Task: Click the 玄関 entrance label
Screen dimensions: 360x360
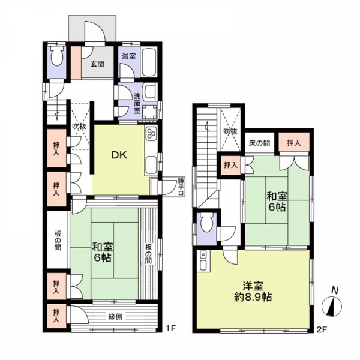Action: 97,63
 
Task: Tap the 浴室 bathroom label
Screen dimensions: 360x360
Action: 128,56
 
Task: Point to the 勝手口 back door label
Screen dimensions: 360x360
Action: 180,185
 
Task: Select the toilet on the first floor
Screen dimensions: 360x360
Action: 56,59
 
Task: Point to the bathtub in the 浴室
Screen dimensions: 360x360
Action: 149,62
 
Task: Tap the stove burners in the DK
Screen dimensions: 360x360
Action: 150,135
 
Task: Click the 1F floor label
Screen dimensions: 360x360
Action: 170,328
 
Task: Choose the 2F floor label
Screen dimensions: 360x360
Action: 322,328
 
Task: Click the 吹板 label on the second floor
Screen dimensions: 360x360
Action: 230,131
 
